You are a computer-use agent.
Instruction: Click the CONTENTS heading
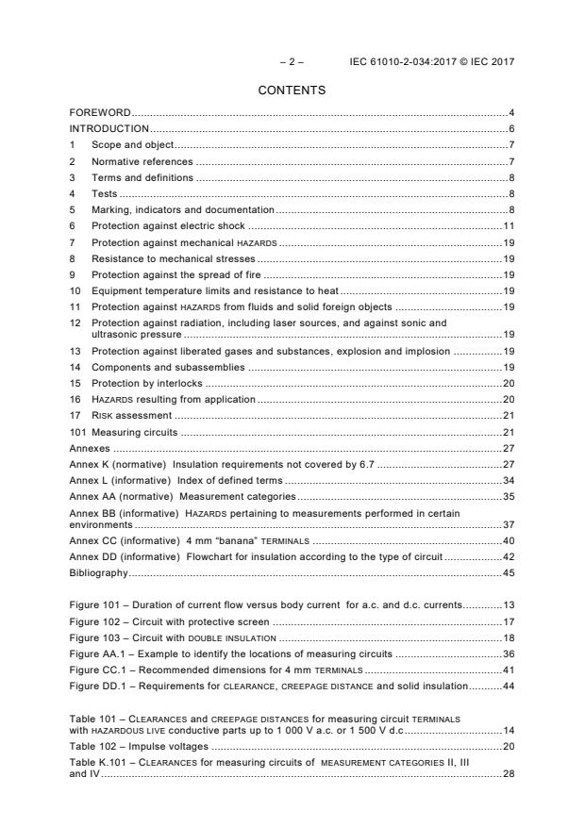pos(292,91)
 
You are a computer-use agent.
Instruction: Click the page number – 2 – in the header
pos(291,62)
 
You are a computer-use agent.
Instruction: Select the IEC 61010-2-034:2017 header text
pos(432,62)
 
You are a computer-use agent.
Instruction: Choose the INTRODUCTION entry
pos(109,128)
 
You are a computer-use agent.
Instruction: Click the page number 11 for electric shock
pos(508,226)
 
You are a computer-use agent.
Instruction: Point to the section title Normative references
pos(142,162)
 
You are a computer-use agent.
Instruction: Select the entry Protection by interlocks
pos(146,384)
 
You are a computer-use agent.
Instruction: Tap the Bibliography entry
pos(98,546)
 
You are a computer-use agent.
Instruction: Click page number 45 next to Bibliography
pos(508,546)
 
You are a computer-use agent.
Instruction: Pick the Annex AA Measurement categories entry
pos(182,496)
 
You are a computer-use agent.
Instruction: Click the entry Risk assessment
pos(131,416)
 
